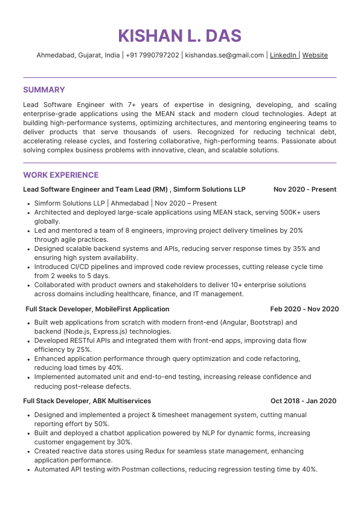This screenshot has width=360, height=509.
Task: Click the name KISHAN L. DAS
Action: pos(179,36)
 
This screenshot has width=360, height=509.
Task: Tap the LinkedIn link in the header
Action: pos(283,55)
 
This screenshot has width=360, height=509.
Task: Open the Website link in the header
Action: pos(315,55)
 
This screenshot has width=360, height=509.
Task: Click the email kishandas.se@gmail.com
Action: pos(224,55)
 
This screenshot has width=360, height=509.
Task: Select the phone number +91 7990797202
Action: pos(152,55)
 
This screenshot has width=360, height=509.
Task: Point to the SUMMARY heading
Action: pos(43,90)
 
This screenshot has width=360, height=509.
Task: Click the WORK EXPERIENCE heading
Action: pos(60,175)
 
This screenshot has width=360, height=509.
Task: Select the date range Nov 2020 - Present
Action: pos(304,189)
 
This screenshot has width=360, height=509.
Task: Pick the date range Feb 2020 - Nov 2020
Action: pos(304,309)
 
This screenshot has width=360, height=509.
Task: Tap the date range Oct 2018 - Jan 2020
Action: pos(303,401)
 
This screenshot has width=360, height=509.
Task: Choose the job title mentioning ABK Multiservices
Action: pos(87,401)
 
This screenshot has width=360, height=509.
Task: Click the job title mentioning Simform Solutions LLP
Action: pos(134,189)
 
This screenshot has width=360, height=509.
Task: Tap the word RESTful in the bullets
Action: pos(81,341)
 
